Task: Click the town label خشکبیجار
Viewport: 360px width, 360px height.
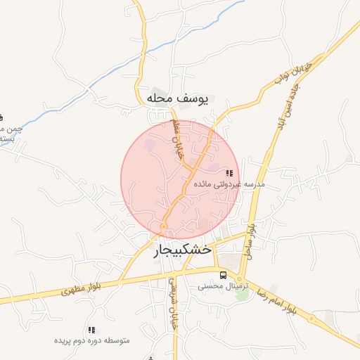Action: pyautogui.click(x=182, y=250)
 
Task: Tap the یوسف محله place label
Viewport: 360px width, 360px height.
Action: pyautogui.click(x=178, y=98)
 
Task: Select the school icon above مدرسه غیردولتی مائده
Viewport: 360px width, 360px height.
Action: pyautogui.click(x=229, y=173)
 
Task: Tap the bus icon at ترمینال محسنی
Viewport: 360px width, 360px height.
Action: pyautogui.click(x=223, y=275)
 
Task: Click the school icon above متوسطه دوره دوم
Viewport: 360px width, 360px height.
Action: pyautogui.click(x=91, y=329)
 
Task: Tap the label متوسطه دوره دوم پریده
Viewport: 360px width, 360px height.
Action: pyautogui.click(x=93, y=340)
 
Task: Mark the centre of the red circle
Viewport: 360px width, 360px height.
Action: pyautogui.click(x=180, y=180)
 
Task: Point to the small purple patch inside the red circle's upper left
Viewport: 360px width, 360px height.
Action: pyautogui.click(x=149, y=145)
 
